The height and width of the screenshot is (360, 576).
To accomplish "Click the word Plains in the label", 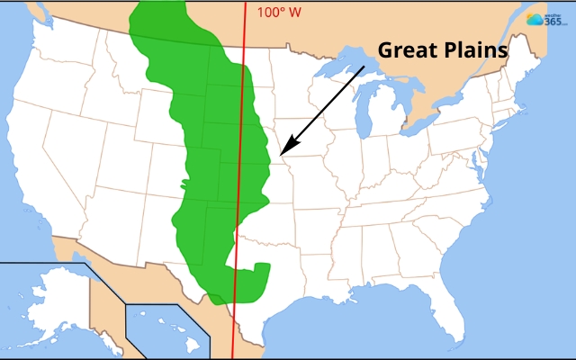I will pos(473,50).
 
